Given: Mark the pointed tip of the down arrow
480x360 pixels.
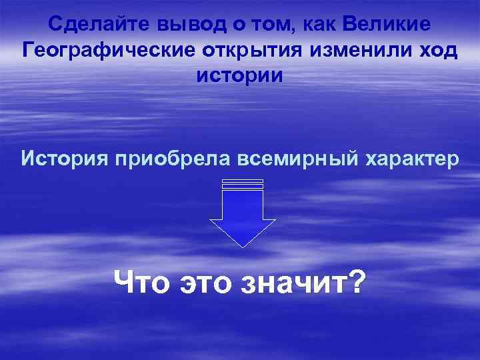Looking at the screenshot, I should [243, 247].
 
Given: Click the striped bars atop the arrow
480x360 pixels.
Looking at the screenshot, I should [243, 184].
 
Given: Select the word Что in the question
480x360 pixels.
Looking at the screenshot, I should [143, 283].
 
